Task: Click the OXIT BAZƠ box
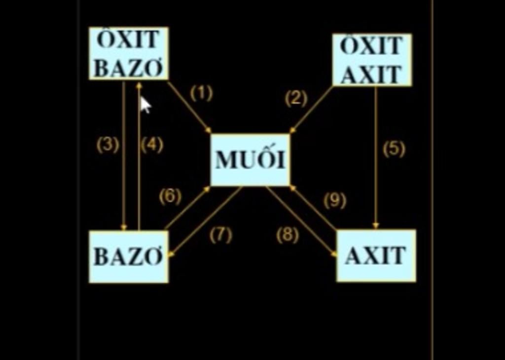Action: coord(129,53)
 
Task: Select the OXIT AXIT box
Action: coord(372,60)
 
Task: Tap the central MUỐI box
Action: coord(250,160)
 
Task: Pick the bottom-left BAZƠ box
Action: coord(129,257)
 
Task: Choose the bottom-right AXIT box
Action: coord(376,255)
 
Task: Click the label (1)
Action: coord(202,93)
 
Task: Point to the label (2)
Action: coord(296,98)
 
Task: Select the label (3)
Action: coord(108,144)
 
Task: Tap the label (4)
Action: coord(152,144)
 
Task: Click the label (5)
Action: coord(394,149)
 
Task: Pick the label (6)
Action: coord(170,196)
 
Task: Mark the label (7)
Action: coord(220,235)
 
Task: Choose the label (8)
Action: coord(288,235)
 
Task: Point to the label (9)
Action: coord(335,201)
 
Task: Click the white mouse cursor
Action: coord(145,105)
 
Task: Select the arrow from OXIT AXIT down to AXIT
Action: coord(375,158)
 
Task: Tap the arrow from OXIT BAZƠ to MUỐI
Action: coord(190,108)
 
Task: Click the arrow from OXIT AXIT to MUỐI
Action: coord(311,110)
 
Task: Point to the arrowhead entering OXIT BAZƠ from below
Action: coord(139,85)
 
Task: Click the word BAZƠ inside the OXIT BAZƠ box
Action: coord(129,68)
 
